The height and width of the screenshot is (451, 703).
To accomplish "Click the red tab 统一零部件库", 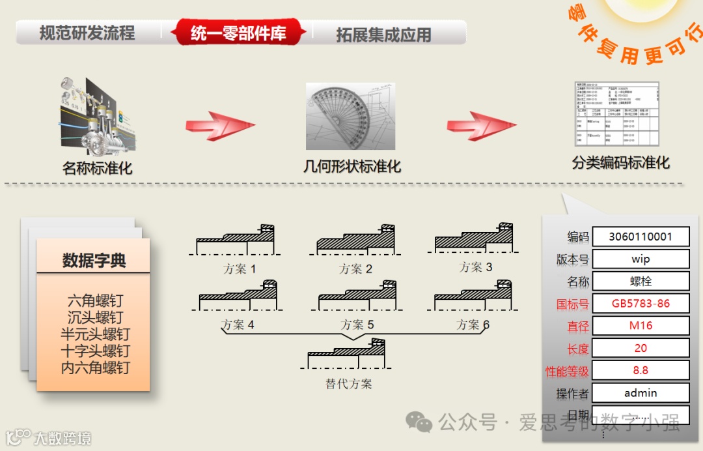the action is pos(238,33).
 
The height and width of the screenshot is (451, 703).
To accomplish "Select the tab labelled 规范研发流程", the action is pos(87,33).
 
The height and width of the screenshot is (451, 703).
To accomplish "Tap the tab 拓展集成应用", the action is pos(383,35).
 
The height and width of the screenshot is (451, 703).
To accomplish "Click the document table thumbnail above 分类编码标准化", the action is pos(616,114).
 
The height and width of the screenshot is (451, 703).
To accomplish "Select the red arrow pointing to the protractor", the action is pos(214,125).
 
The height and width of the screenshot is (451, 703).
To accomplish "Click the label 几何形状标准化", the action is pos(352,166).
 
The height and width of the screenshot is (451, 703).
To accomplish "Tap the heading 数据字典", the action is pos(94,261).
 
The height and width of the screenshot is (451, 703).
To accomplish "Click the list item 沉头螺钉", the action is pos(95,318).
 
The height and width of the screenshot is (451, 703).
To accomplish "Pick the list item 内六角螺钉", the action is pos(95,368).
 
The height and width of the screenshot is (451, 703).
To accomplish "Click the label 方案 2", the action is pos(355,269).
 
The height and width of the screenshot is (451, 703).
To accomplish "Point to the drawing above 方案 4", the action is pos(238,297).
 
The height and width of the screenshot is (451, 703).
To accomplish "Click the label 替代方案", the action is pos(349,384).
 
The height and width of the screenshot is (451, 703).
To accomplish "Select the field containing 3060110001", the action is pos(641,237).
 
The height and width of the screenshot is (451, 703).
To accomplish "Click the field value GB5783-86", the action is pos(641,303).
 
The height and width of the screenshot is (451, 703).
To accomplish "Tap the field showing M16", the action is pos(641,325).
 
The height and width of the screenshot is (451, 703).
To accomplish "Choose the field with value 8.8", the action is pos(641,370).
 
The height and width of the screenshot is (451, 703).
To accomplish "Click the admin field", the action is pos(641,392).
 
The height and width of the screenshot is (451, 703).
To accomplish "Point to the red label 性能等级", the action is pos(567,371).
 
